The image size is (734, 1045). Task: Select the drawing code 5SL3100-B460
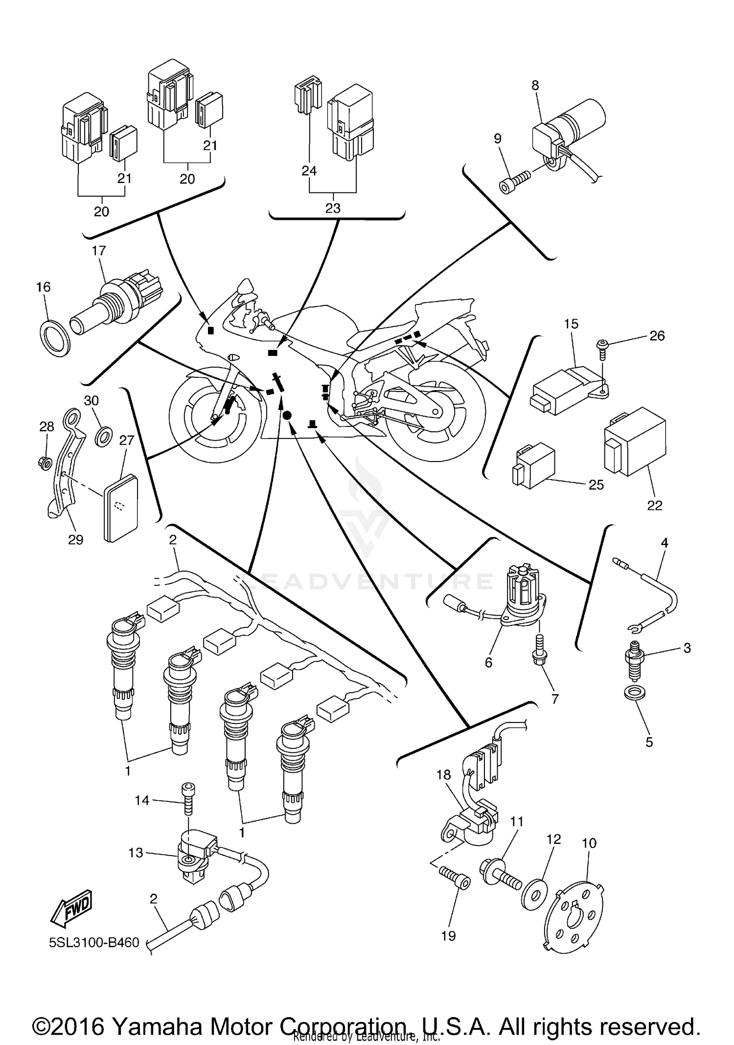94,943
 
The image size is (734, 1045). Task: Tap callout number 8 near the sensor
535,85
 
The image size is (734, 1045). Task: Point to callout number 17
99,251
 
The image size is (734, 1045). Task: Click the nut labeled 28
44,461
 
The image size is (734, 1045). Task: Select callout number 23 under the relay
333,209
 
